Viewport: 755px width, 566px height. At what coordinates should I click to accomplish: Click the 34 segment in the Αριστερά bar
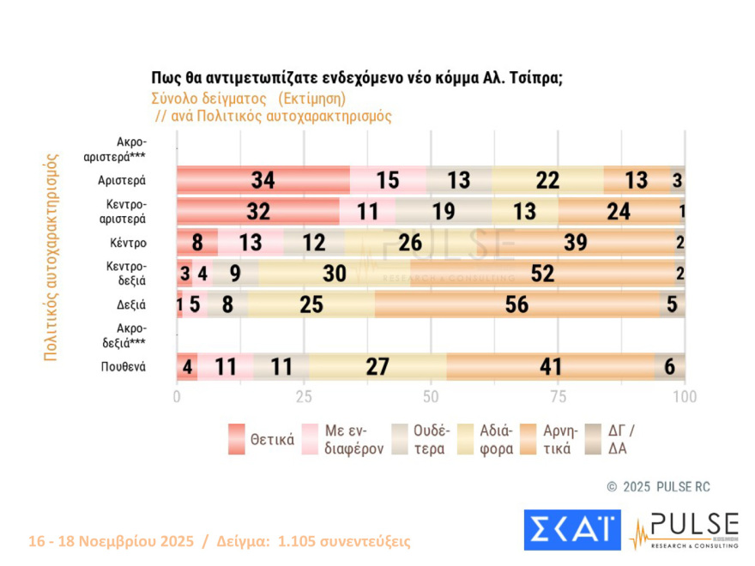click(263, 180)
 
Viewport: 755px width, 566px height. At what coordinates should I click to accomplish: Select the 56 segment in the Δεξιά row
click(516, 304)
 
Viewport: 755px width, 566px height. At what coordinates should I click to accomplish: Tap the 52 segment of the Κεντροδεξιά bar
click(542, 273)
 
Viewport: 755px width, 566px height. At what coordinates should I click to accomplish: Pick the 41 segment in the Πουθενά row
click(549, 367)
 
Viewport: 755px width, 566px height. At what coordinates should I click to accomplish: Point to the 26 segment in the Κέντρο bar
click(411, 242)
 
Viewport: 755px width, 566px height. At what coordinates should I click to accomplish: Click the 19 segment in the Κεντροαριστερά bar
click(444, 211)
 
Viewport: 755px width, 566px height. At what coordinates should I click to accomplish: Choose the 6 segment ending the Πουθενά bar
click(669, 367)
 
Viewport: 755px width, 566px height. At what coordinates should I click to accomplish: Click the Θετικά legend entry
click(263, 440)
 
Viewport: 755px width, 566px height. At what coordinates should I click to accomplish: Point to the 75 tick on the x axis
click(558, 397)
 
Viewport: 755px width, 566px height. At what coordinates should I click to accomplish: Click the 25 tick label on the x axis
click(304, 397)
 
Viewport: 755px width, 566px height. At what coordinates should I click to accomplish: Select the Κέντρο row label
click(128, 243)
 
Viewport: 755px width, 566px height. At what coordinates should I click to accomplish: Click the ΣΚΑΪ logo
click(571, 529)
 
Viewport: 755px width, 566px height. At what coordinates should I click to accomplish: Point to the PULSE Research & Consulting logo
click(683, 529)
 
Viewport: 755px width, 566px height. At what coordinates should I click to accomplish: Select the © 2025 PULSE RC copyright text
click(658, 487)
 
